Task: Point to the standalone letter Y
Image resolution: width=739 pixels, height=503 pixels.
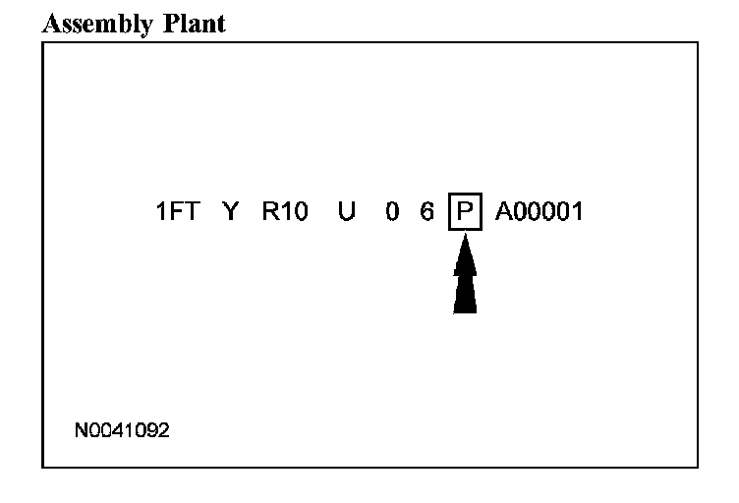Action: [231, 211]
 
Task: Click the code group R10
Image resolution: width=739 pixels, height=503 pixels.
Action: [285, 211]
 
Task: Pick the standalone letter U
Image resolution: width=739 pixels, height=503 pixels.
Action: [346, 211]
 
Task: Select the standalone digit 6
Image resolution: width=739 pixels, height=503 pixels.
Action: [427, 211]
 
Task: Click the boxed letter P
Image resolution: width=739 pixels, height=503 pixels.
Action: [465, 211]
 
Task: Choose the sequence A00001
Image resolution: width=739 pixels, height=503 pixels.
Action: [540, 211]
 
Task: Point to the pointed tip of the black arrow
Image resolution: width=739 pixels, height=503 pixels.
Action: [466, 241]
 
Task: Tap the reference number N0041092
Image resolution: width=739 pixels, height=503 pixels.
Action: [122, 430]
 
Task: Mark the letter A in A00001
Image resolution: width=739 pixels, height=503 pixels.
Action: [504, 211]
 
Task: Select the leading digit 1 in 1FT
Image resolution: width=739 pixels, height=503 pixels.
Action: [161, 211]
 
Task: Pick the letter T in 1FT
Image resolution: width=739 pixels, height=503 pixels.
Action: [194, 211]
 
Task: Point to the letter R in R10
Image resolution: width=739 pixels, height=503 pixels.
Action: [269, 211]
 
